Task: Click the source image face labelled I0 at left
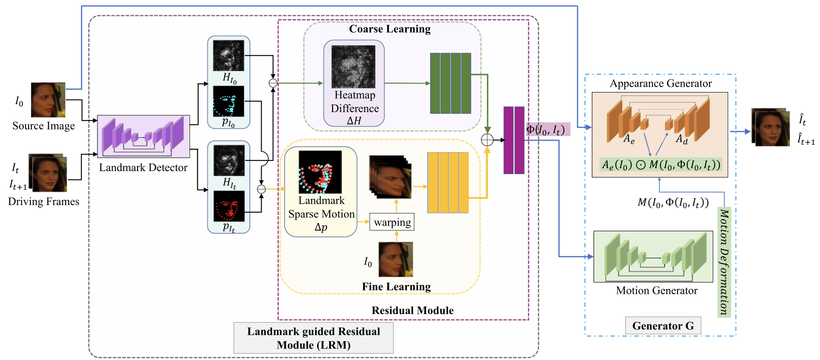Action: tap(48, 100)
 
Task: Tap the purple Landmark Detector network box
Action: tap(143, 136)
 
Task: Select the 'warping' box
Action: tap(392, 222)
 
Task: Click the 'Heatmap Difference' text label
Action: tap(355, 102)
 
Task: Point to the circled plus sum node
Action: tap(487, 140)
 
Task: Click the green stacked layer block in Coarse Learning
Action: tap(450, 83)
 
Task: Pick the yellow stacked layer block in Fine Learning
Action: tap(448, 182)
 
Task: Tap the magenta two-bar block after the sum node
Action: tap(514, 140)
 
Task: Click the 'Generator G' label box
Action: tap(663, 326)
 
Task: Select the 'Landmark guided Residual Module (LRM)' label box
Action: tap(314, 338)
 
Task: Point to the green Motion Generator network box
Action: tap(653, 256)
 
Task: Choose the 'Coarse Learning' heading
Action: tap(389, 29)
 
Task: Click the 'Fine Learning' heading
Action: tap(396, 287)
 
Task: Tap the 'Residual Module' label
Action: tap(412, 310)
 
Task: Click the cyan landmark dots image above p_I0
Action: tap(229, 101)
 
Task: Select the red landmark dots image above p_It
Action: tap(229, 206)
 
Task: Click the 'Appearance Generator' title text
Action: tap(661, 84)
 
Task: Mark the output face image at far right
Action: tap(771, 127)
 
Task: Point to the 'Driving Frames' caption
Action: tap(43, 201)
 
